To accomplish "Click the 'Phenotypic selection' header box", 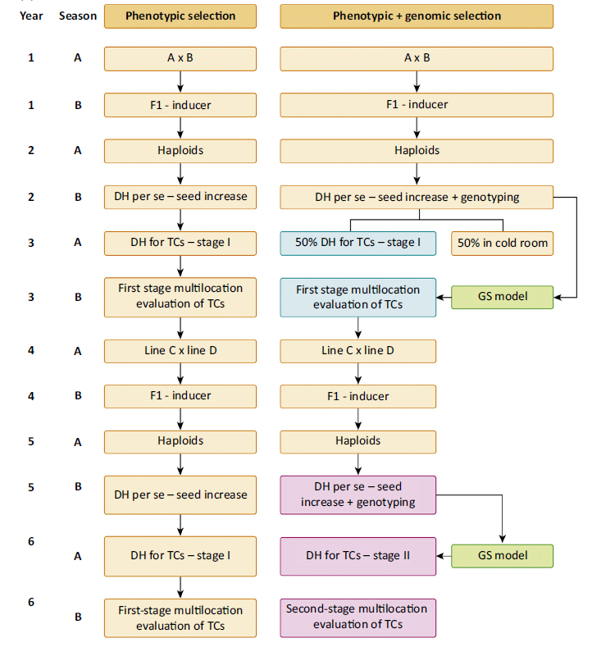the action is [180, 16].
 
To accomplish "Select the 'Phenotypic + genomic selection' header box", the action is [417, 16].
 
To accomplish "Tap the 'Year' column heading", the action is [31, 16].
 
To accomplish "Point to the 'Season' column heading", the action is [78, 16].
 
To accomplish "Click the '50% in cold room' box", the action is [502, 244].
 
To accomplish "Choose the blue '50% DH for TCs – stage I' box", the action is [357, 244].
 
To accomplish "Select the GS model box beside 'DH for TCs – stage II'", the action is [502, 556].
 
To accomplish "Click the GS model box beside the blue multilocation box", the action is [502, 297].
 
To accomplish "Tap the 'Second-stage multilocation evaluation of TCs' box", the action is [357, 617].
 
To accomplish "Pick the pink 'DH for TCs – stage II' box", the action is [357, 556].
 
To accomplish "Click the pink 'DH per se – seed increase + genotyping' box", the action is [357, 494].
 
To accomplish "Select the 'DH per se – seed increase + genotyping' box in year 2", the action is [417, 198].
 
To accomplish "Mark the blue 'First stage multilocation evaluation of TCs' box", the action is [357, 298].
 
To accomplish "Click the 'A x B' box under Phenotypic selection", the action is [180, 58].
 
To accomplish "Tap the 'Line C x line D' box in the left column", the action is [180, 351].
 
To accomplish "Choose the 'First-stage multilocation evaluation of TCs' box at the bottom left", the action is [180, 618].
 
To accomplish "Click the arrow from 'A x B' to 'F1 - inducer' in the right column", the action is [417, 82].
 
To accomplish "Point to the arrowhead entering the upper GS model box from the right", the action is [557, 297].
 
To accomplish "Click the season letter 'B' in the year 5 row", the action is [78, 487].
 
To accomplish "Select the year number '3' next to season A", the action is [31, 243].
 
